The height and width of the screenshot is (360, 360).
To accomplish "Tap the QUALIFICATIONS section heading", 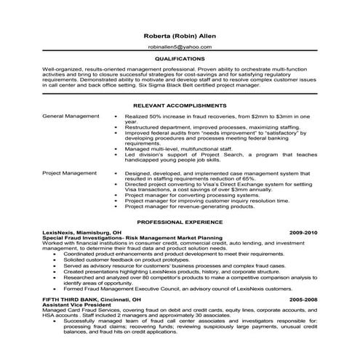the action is click(x=180, y=57).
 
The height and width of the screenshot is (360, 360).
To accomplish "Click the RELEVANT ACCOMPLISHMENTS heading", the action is click(x=180, y=105).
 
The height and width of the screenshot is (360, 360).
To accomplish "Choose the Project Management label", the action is click(x=69, y=174).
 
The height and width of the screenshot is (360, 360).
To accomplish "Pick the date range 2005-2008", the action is click(x=303, y=299).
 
